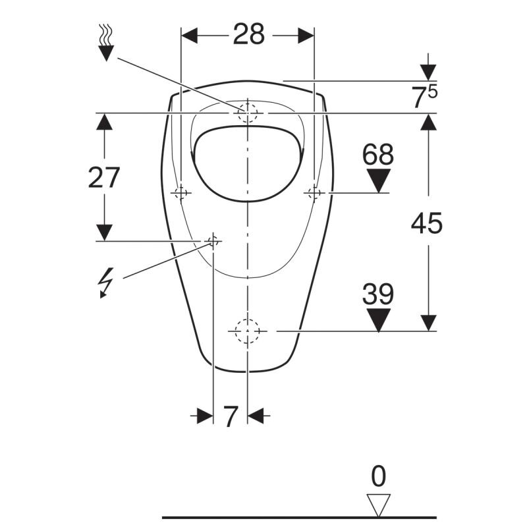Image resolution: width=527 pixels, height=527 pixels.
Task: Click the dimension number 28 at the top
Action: tap(249, 34)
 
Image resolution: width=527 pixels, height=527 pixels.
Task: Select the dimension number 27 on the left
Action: tap(104, 177)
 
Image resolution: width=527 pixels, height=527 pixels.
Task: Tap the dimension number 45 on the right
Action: tap(426, 223)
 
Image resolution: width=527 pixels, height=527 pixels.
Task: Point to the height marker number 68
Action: tap(377, 154)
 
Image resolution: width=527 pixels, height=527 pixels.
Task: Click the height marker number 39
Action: tap(377, 294)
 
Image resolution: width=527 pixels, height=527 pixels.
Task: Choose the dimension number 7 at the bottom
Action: tap(231, 416)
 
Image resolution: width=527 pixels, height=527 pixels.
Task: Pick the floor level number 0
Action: tap(378, 476)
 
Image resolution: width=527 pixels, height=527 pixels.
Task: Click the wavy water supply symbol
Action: tap(106, 43)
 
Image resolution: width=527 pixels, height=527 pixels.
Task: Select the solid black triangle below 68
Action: tap(378, 180)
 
